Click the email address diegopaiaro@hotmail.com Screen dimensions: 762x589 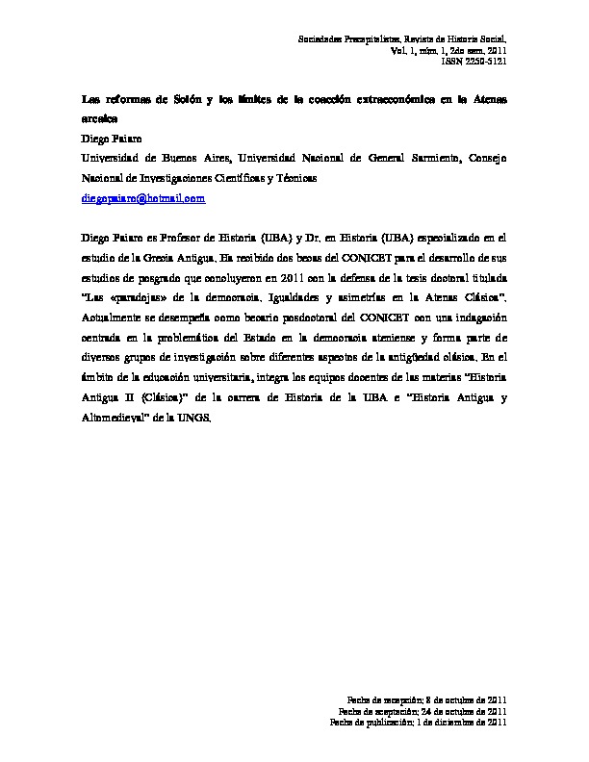pos(142,198)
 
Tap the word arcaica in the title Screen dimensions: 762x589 pos(98,119)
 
